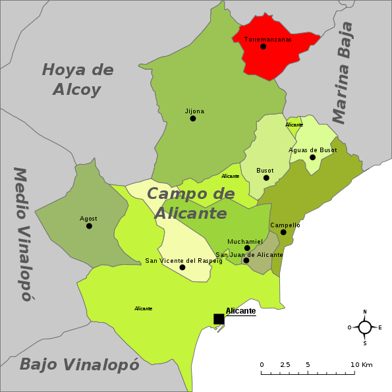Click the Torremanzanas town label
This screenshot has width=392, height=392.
267,40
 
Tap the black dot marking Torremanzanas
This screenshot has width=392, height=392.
264,47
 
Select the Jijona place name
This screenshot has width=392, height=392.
194,111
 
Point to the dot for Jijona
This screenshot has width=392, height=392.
193,119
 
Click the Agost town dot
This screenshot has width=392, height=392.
89,226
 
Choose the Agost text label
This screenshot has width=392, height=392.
88,219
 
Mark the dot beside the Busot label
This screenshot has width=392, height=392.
266,178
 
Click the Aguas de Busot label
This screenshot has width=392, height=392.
312,150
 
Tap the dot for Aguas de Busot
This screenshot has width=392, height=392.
312,157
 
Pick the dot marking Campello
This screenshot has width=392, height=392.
283,232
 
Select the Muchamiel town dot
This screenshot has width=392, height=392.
247,248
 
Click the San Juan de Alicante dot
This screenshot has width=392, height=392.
246,260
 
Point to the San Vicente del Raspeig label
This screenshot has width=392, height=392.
184,261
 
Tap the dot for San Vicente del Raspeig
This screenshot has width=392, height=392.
182,267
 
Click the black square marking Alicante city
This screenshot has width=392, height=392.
219,319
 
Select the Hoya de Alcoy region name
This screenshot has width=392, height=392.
78,79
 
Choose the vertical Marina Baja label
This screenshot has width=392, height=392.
343,72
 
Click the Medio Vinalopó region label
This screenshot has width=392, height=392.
22,233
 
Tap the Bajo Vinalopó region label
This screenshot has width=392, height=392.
79,364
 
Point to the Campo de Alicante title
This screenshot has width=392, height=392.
190,204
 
